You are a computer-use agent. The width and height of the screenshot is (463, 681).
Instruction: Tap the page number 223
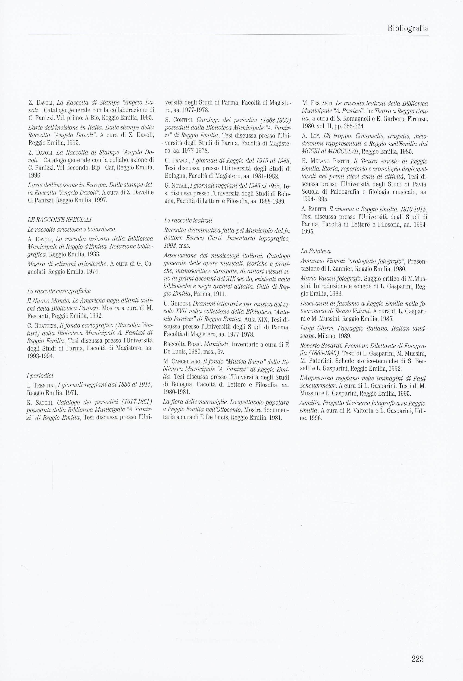pos(417,651)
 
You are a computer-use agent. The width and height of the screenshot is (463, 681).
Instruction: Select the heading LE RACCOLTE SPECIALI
pos(59,220)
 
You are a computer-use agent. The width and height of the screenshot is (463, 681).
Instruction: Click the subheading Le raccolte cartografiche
pos(59,291)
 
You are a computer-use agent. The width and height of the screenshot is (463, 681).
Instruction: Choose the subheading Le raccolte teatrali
pos(188,220)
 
